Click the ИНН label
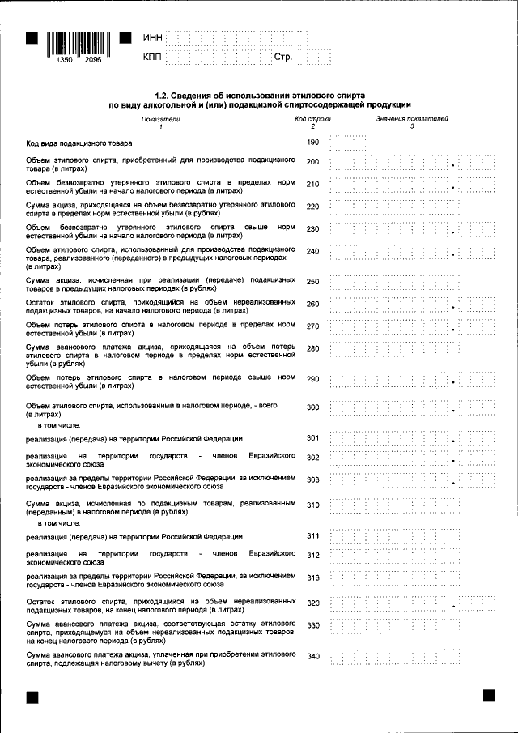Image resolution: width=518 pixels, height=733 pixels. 152,39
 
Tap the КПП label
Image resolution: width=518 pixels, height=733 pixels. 152,58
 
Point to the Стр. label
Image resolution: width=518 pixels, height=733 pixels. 282,58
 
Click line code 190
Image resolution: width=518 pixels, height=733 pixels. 313,143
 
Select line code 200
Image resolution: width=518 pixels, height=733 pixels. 313,163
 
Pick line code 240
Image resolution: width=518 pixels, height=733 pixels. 313,251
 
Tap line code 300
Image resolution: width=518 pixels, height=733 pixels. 313,407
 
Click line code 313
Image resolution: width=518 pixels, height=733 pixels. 313,577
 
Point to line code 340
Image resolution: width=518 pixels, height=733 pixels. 313,656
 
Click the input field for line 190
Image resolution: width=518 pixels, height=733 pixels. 349,143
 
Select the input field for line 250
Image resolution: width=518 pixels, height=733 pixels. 412,281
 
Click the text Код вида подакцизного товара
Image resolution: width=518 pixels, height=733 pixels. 79,143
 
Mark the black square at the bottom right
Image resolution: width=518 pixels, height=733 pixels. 489,695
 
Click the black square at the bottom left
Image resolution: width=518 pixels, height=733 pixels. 32,696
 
